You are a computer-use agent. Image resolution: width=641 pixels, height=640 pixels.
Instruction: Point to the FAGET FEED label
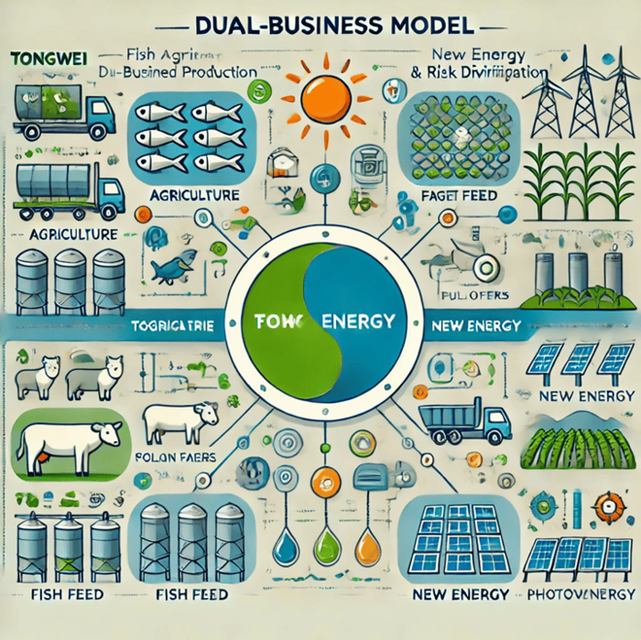click(460, 195)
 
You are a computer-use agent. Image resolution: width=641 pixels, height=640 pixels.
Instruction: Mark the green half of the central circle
click(279, 311)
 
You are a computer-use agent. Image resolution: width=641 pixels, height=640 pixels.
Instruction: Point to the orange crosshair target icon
click(606, 505)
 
